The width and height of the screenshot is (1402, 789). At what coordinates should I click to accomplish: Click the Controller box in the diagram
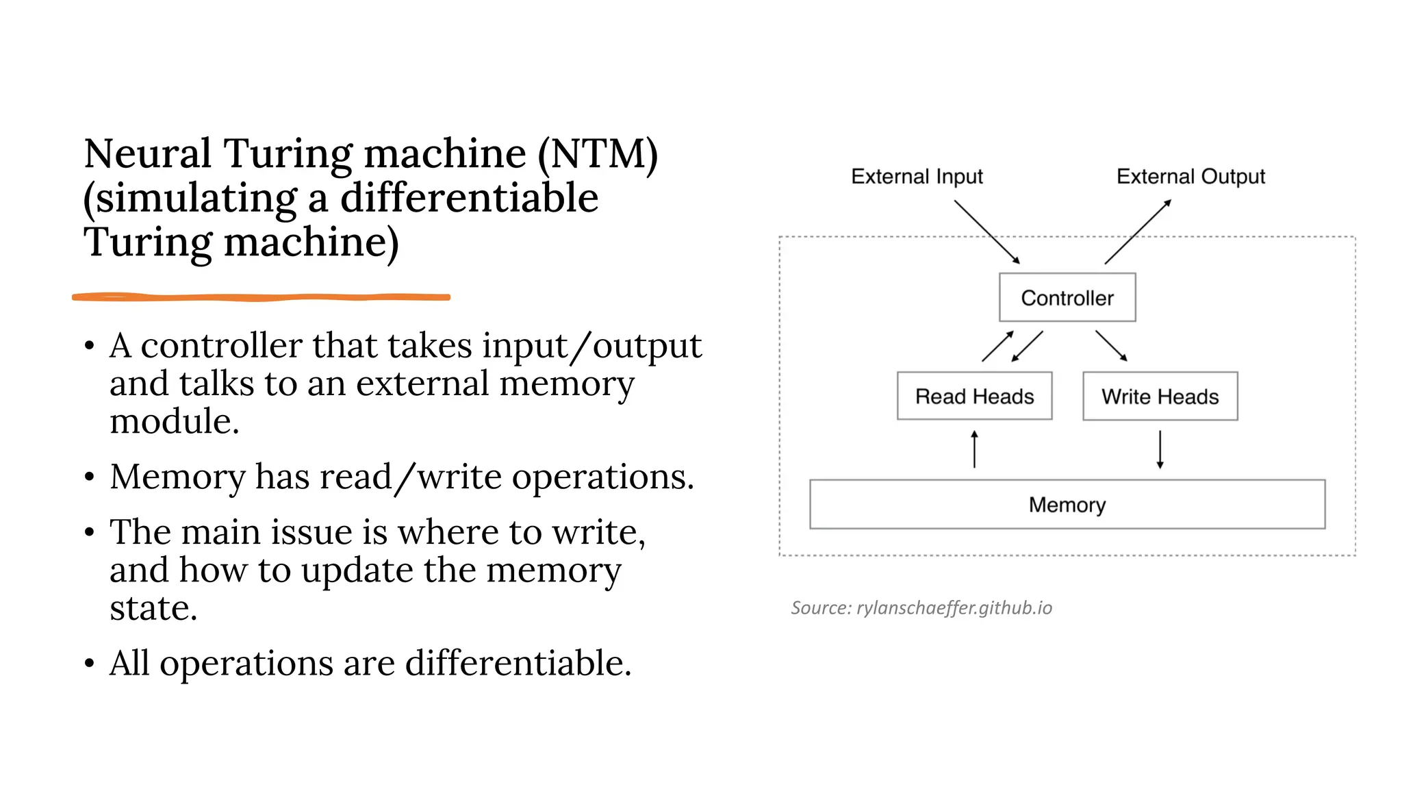tap(1067, 297)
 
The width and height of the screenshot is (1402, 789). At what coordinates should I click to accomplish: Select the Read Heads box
tap(974, 396)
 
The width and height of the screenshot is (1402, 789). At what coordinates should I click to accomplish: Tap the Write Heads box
tap(1160, 396)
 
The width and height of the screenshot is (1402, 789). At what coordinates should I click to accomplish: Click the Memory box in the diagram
tap(1067, 504)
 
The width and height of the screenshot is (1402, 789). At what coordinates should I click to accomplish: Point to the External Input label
tap(917, 177)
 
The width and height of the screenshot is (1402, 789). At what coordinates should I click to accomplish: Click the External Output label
tap(1190, 177)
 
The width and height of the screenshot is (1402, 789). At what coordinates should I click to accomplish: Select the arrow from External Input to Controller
tap(986, 231)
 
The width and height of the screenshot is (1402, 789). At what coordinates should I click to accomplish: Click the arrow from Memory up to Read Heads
tap(974, 449)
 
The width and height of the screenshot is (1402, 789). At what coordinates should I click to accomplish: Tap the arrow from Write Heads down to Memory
tap(1160, 449)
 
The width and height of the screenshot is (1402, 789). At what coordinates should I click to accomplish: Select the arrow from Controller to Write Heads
tap(1111, 346)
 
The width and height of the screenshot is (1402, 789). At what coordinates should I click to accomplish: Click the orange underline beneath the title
tap(261, 297)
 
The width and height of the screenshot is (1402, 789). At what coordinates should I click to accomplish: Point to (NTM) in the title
tap(597, 153)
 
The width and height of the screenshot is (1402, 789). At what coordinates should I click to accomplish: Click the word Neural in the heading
tap(147, 153)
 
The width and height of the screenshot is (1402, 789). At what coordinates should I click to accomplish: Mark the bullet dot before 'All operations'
tap(90, 664)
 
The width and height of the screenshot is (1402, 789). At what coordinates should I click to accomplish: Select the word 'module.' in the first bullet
tap(175, 421)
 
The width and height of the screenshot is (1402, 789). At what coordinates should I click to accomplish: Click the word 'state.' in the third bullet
tap(153, 608)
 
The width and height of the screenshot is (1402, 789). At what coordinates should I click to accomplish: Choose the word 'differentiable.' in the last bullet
tap(518, 664)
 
